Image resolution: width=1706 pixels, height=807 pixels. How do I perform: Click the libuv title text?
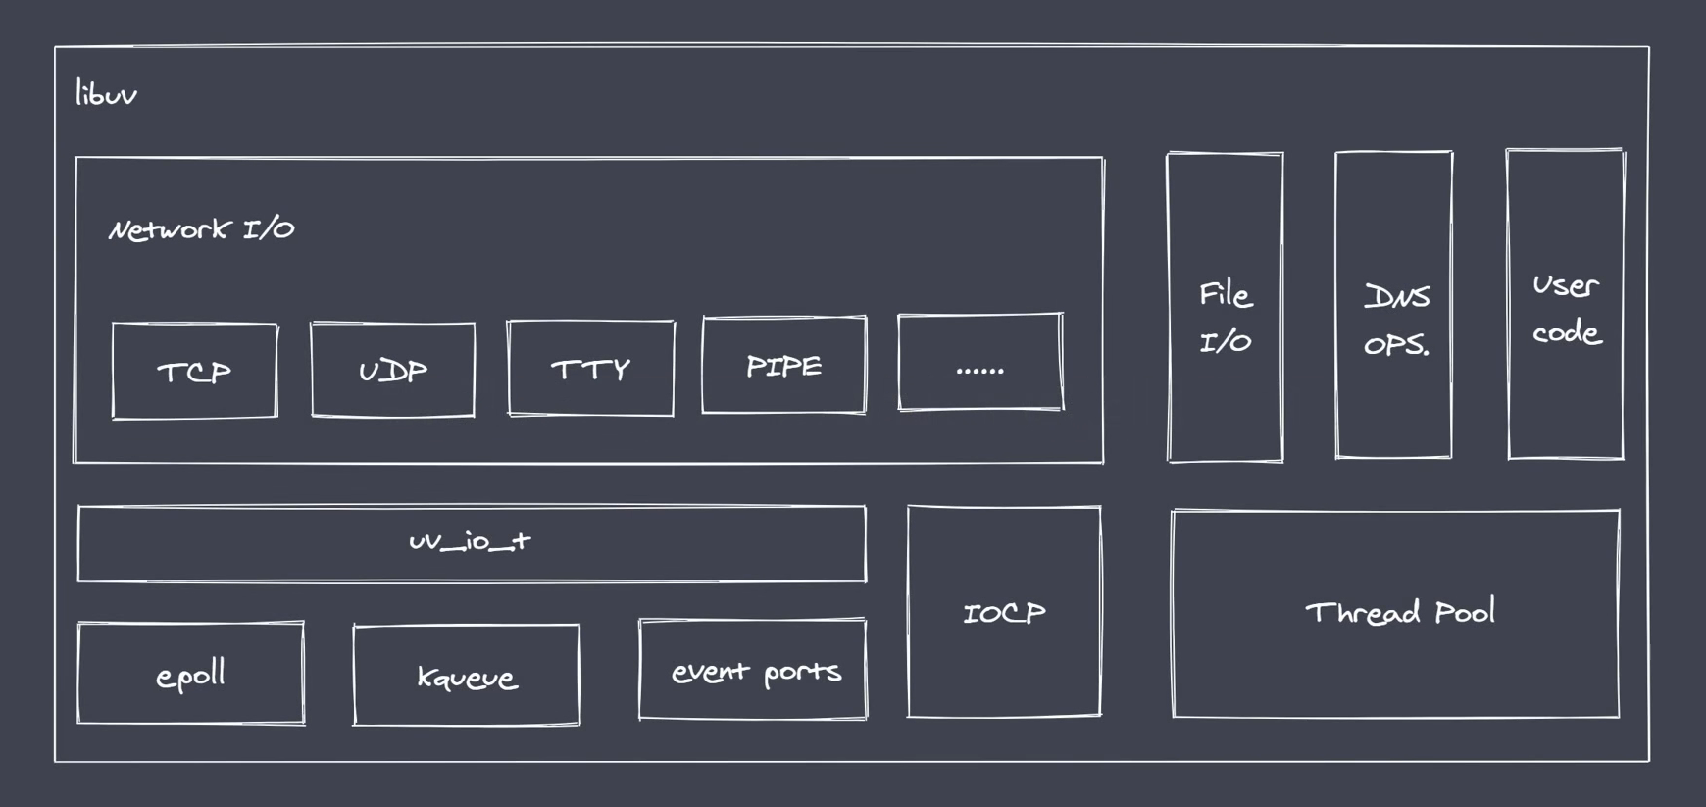[x=106, y=94]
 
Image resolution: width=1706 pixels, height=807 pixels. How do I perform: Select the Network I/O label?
[x=201, y=229]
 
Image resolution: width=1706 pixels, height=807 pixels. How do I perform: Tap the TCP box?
[x=194, y=371]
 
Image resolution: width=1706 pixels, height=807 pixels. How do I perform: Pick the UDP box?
[x=392, y=370]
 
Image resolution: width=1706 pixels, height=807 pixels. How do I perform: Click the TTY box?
[x=590, y=369]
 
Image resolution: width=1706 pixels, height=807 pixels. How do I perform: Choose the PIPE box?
[x=783, y=366]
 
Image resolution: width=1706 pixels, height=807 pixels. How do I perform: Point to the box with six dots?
[x=979, y=363]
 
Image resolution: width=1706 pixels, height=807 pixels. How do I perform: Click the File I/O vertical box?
[x=1225, y=307]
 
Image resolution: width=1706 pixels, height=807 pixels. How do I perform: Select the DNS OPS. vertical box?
[x=1393, y=305]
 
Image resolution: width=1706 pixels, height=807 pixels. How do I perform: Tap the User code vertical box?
[x=1565, y=304]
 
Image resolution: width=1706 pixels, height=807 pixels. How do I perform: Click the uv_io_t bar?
[x=471, y=543]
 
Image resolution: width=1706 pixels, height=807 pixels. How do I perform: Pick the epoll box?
[x=190, y=674]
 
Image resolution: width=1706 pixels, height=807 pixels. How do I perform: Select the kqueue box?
[x=466, y=676]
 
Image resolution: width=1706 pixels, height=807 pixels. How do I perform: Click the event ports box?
[x=752, y=671]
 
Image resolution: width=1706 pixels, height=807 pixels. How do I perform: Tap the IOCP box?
[x=1004, y=612]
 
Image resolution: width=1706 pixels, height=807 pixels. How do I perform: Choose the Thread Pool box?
[x=1395, y=614]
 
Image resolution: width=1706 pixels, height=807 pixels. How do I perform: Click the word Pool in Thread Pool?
[x=1464, y=613]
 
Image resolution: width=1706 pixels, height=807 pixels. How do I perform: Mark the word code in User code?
[x=1566, y=332]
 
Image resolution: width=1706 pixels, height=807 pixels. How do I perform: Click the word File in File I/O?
[x=1225, y=294]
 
